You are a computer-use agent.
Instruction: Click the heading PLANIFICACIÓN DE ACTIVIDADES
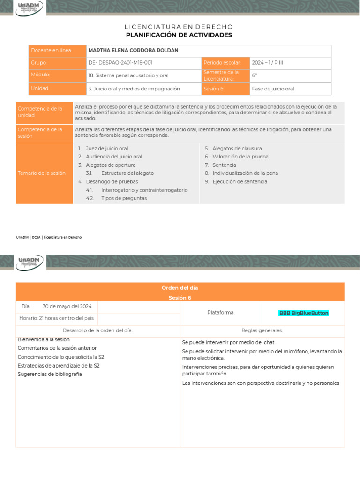pyautogui.click(x=179, y=35)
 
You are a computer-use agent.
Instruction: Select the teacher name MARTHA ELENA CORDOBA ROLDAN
pyautogui.click(x=133, y=51)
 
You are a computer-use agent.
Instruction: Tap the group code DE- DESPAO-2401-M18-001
pyautogui.click(x=120, y=63)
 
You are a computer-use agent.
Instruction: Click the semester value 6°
pyautogui.click(x=255, y=75)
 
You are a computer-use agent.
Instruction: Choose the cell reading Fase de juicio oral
pyautogui.click(x=273, y=89)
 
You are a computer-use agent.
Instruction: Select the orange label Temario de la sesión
pyautogui.click(x=42, y=173)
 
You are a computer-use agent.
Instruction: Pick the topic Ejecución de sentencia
pyautogui.click(x=240, y=182)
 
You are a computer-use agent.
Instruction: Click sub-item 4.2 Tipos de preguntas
pyautogui.click(x=124, y=198)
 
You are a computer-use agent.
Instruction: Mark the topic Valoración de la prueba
pyautogui.click(x=240, y=157)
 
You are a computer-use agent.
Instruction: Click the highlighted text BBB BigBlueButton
pyautogui.click(x=304, y=313)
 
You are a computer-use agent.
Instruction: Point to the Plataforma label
pyautogui.click(x=221, y=313)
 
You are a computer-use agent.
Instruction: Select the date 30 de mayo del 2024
pyautogui.click(x=67, y=307)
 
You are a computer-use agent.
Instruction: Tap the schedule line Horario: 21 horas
pyautogui.click(x=56, y=318)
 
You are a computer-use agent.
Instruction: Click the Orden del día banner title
pyautogui.click(x=180, y=288)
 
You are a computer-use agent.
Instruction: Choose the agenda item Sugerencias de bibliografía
pyautogui.click(x=50, y=374)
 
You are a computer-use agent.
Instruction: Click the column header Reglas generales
pyautogui.click(x=262, y=330)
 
